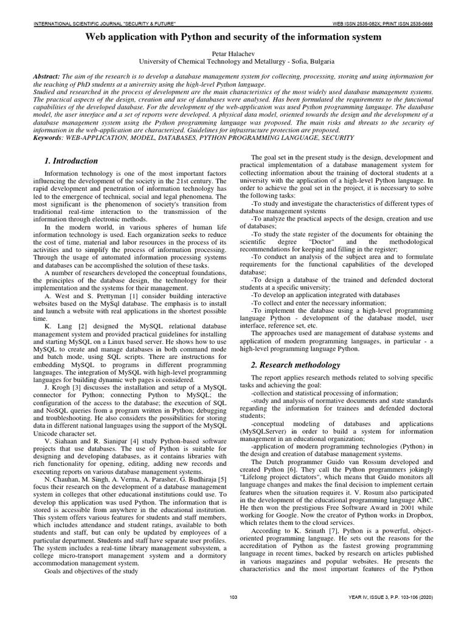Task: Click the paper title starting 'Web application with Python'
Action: (233, 37)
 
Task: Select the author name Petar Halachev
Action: (233, 53)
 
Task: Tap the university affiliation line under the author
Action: (233, 61)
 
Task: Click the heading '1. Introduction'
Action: (71, 161)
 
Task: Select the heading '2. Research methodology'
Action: (296, 365)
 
